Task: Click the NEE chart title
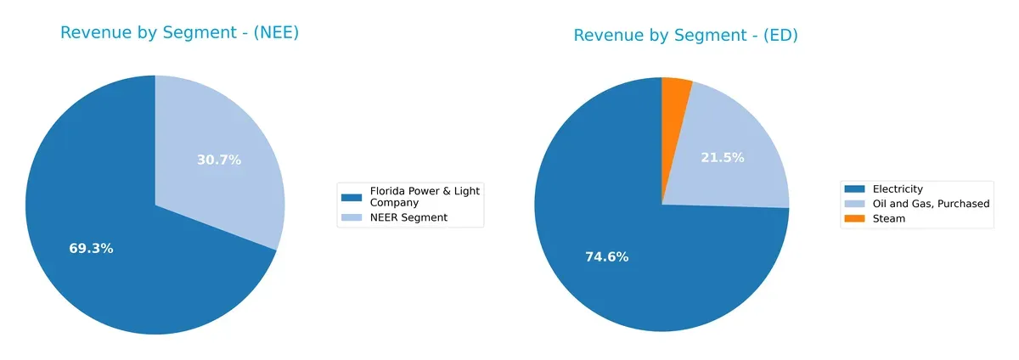pyautogui.click(x=179, y=33)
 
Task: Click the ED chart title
pyautogui.click(x=685, y=36)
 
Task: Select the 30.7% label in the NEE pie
pyautogui.click(x=219, y=160)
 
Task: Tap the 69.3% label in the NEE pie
pyautogui.click(x=91, y=249)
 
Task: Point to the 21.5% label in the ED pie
pyautogui.click(x=723, y=157)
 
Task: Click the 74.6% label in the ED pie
pyautogui.click(x=606, y=256)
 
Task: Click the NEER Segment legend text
pyautogui.click(x=408, y=217)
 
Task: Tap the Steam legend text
pyautogui.click(x=889, y=218)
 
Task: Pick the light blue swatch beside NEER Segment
pyautogui.click(x=352, y=217)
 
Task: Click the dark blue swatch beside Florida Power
pyautogui.click(x=352, y=196)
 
